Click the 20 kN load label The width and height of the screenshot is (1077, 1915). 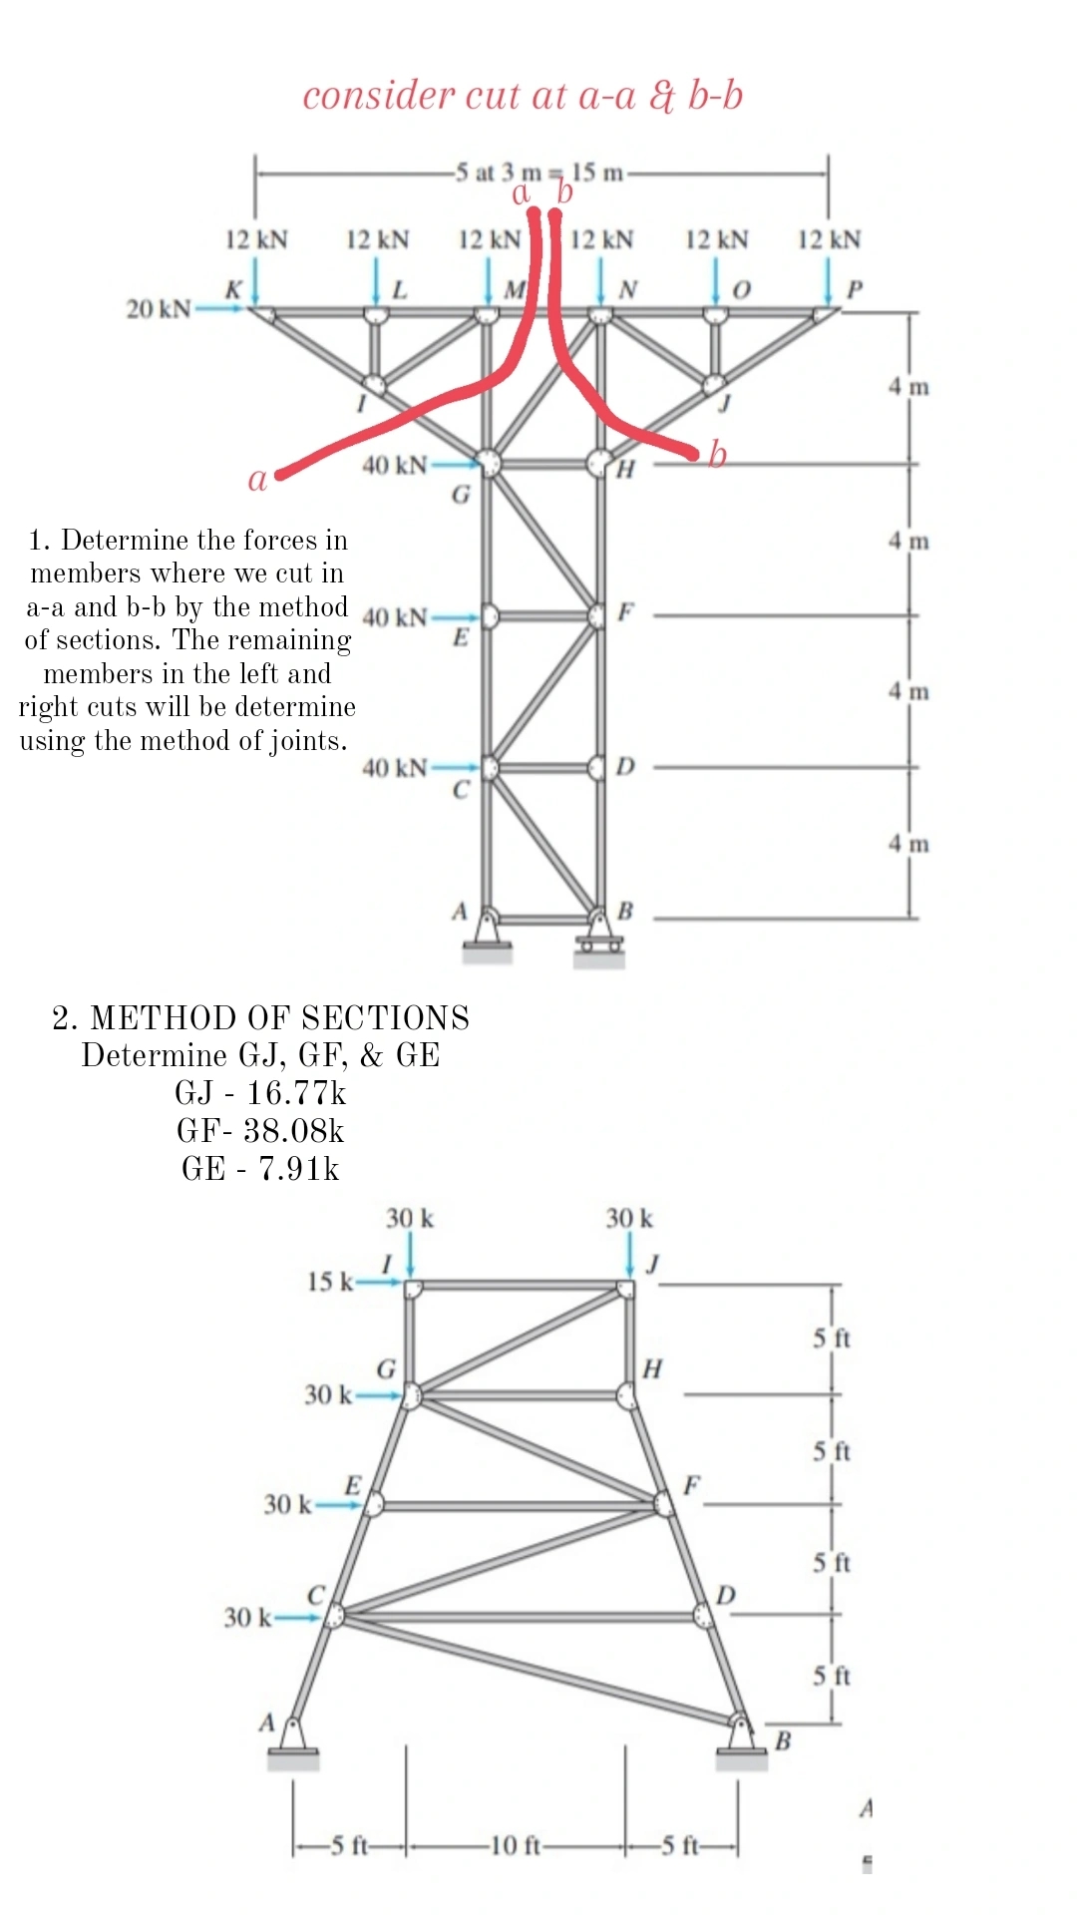(157, 308)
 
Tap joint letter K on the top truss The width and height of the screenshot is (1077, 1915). (233, 289)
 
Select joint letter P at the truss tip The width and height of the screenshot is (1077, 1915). (854, 289)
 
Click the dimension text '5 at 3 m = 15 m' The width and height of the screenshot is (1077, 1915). (538, 173)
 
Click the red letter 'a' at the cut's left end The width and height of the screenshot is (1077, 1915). (257, 480)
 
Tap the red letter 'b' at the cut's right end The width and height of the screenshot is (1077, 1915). (717, 455)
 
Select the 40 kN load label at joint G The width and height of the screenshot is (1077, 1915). (394, 465)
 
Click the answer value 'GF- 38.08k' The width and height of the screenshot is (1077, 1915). (260, 1130)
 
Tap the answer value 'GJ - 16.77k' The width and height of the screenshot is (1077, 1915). (260, 1093)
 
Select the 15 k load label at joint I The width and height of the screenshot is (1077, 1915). (329, 1282)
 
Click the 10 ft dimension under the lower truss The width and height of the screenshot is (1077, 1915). (516, 1846)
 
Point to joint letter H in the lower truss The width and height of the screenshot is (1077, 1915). (652, 1368)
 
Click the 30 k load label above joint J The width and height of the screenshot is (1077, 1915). (629, 1218)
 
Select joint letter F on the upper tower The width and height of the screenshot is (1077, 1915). (625, 611)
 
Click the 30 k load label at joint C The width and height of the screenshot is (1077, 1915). (246, 1617)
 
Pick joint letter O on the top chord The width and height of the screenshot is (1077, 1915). (741, 289)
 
